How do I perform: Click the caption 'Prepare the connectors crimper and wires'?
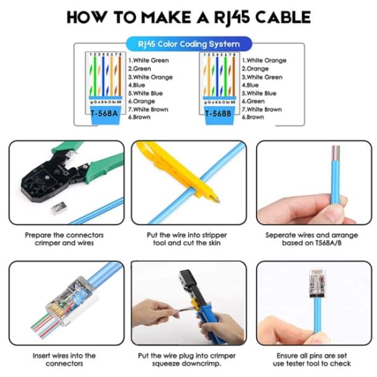click(64, 239)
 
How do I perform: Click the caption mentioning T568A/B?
click(312, 239)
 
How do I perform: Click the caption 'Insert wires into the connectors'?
click(64, 360)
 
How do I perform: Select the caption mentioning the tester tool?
click(312, 360)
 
